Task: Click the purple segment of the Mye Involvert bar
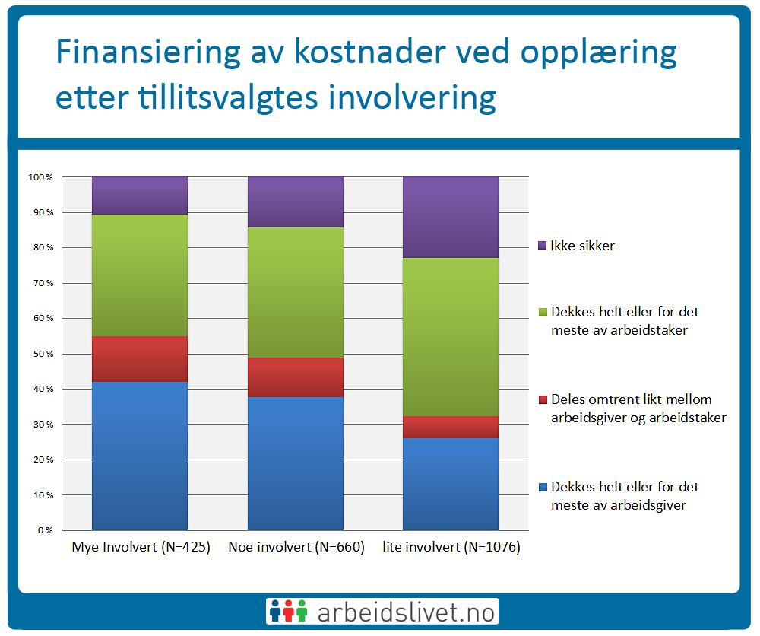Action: click(x=140, y=196)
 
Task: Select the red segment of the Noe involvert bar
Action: click(x=296, y=377)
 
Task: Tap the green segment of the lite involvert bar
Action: click(x=451, y=337)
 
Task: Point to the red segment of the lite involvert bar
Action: click(x=451, y=427)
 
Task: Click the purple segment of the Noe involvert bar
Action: click(x=296, y=202)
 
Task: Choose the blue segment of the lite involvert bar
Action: click(x=451, y=484)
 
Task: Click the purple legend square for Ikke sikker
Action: click(x=542, y=246)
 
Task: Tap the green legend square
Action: click(x=542, y=312)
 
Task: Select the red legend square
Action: click(x=542, y=399)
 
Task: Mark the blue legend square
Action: click(x=542, y=487)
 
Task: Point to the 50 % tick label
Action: click(x=41, y=354)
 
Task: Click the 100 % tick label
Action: click(x=40, y=177)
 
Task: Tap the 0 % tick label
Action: click(x=44, y=530)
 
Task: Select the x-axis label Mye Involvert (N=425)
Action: click(x=141, y=547)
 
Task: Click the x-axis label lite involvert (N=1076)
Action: click(x=451, y=547)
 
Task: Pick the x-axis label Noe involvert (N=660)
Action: click(x=296, y=547)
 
